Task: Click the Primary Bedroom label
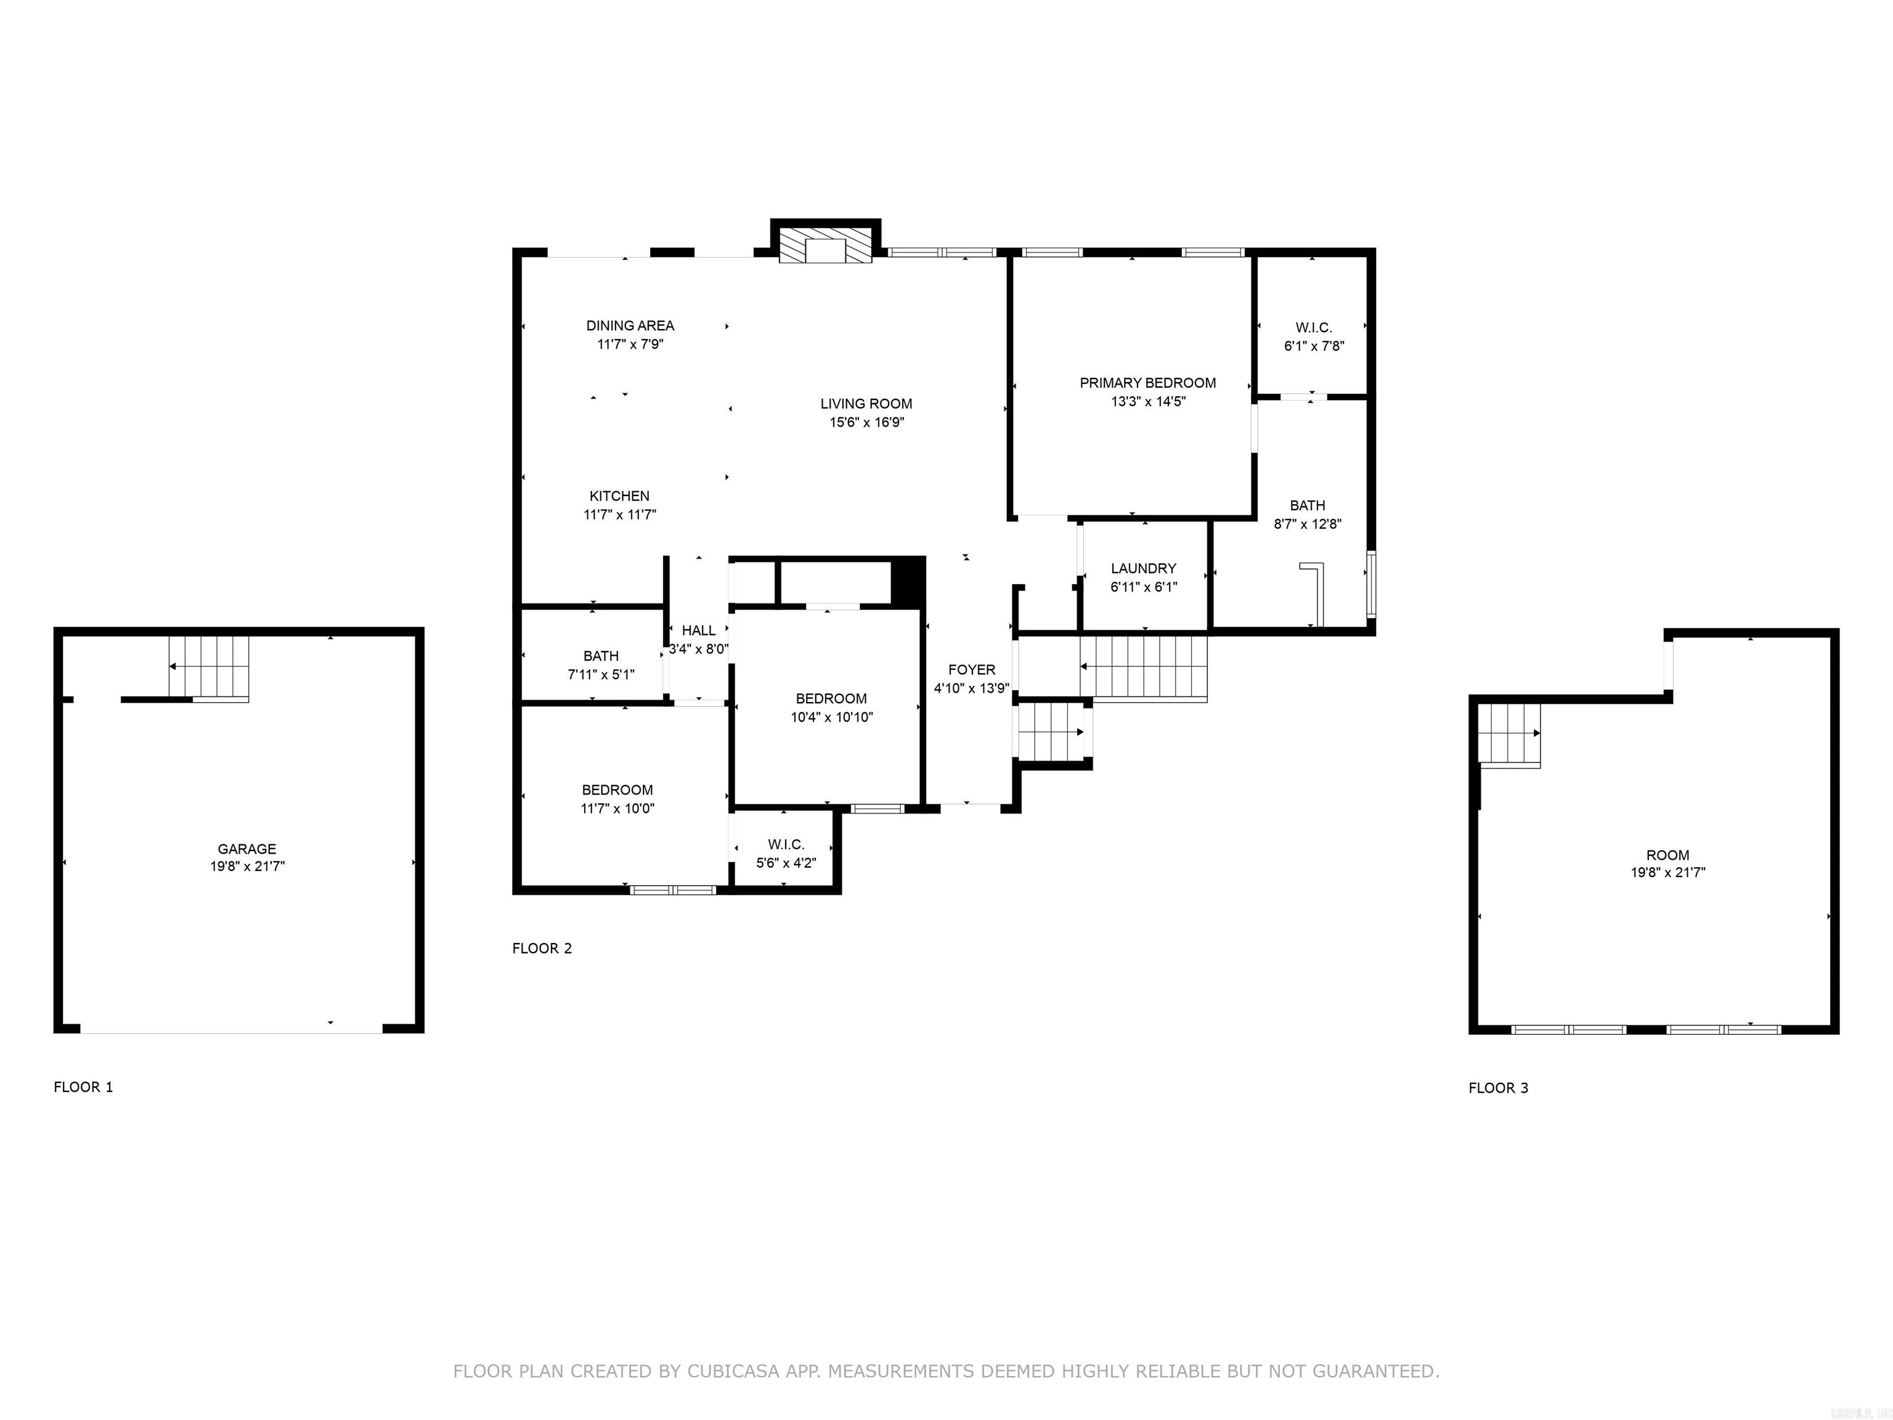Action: click(1147, 383)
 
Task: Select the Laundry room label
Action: click(1143, 568)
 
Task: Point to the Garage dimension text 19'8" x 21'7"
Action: click(247, 866)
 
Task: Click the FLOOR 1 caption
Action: click(83, 1087)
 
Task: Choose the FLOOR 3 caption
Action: click(1497, 1088)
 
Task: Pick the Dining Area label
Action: click(630, 325)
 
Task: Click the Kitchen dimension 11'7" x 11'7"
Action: click(619, 515)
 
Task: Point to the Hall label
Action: click(698, 631)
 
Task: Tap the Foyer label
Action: click(971, 669)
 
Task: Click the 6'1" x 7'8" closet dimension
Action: click(1314, 346)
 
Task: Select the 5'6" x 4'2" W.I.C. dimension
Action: click(786, 863)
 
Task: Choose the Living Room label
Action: click(866, 403)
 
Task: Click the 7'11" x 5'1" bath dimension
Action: click(601, 674)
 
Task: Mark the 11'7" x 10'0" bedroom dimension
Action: click(617, 808)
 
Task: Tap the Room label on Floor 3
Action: click(1667, 855)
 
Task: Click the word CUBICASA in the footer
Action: click(733, 1371)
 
